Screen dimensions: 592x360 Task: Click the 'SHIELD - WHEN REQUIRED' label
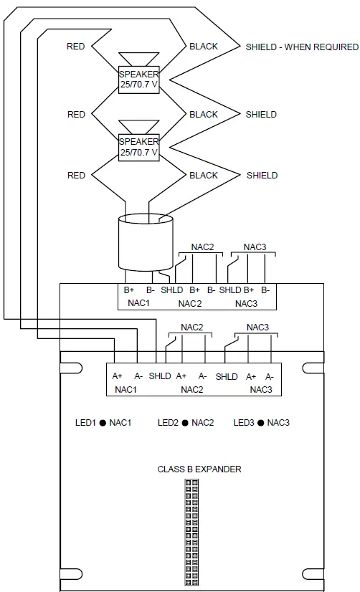tap(301, 47)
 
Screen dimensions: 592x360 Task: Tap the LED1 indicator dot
tap(103, 423)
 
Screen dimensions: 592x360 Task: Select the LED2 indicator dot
tap(184, 423)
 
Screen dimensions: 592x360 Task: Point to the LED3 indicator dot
tap(260, 423)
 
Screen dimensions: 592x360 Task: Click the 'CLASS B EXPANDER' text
tap(199, 469)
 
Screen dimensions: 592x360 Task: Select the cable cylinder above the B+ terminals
tap(146, 240)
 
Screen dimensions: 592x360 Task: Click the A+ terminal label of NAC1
tap(116, 376)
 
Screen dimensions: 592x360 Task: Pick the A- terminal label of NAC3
tap(270, 376)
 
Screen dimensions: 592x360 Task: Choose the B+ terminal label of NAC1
tap(129, 290)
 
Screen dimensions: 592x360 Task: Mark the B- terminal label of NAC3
tap(265, 290)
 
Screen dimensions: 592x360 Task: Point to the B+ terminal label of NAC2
tap(194, 290)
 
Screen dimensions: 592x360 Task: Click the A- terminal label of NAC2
tap(203, 376)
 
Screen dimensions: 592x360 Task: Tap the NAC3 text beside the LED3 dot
tap(278, 423)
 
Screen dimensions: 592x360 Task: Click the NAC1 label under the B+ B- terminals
tap(138, 303)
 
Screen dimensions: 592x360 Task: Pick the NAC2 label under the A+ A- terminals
tap(191, 389)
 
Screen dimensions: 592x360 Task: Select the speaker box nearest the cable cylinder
tap(138, 147)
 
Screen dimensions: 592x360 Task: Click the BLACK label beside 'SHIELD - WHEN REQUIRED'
tap(204, 47)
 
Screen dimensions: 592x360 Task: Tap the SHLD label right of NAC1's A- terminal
tap(160, 376)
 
